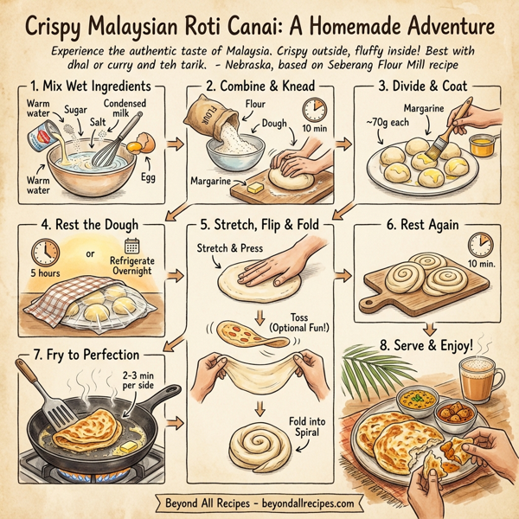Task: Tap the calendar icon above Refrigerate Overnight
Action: tap(132, 246)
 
